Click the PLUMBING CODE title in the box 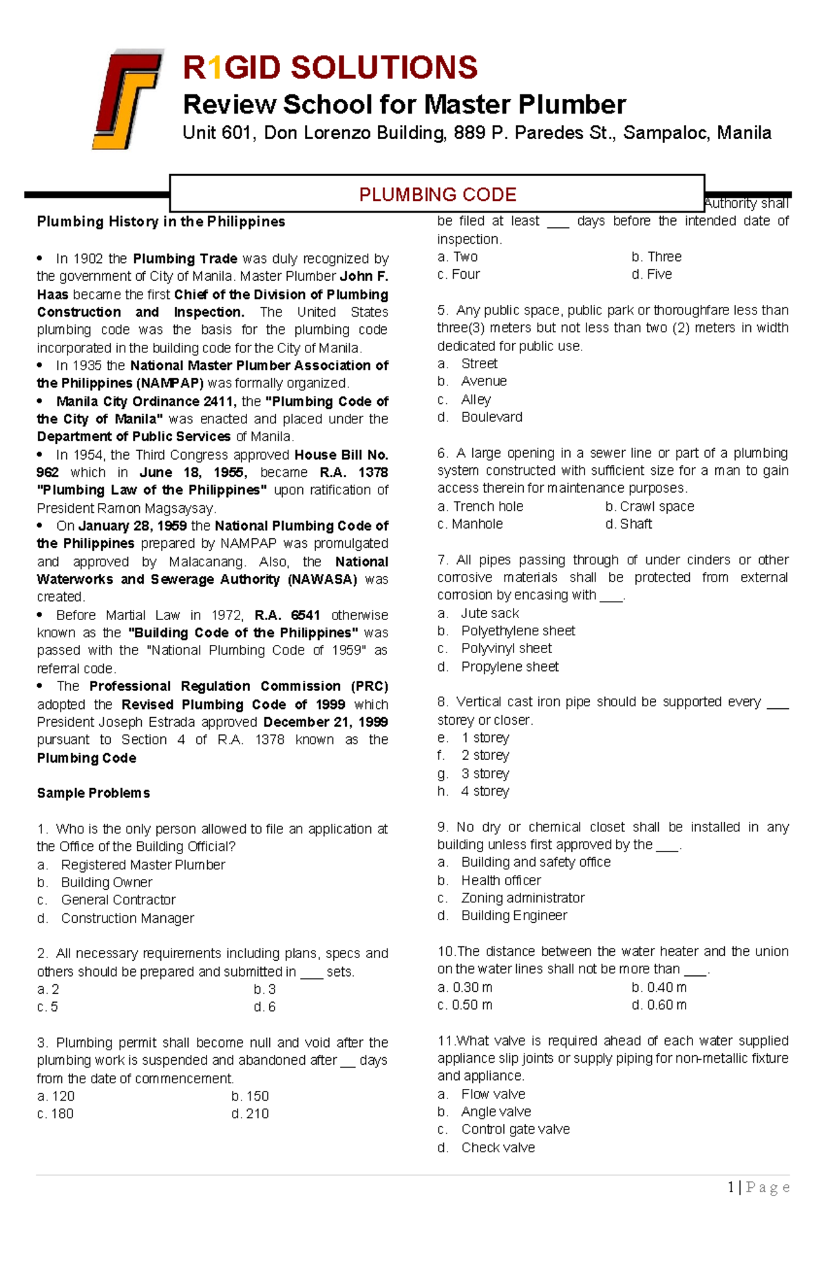pos(437,195)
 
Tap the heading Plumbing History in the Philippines pos(160,222)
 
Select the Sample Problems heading pos(93,793)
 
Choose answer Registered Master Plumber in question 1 pos(142,864)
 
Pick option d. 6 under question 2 pos(264,1007)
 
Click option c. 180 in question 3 pos(55,1114)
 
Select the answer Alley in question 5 pos(476,399)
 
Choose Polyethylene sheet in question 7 pos(518,630)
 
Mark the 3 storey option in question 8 pos(485,774)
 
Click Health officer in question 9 pos(500,880)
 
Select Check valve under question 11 pos(498,1147)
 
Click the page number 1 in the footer pos(730,1187)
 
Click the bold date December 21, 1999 pos(325,722)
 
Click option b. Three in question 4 pos(656,257)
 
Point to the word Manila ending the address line pos(743,133)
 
